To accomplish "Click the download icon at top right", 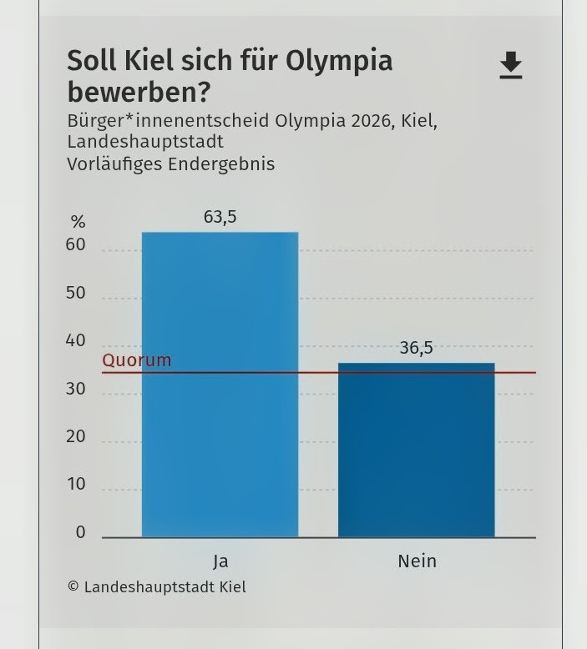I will pyautogui.click(x=510, y=65).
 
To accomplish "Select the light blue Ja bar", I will pyautogui.click(x=220, y=384).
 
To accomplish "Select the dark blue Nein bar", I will pyautogui.click(x=416, y=450).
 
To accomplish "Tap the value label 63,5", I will pyautogui.click(x=220, y=217).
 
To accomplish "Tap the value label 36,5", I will pyautogui.click(x=416, y=348).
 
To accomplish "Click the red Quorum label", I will pyautogui.click(x=136, y=360).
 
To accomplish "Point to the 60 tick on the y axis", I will pyautogui.click(x=76, y=245).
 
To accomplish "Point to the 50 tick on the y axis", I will pyautogui.click(x=76, y=293).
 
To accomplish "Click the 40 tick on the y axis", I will pyautogui.click(x=76, y=340).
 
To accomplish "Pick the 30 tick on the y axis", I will pyautogui.click(x=76, y=389).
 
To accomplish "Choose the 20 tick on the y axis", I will pyautogui.click(x=76, y=436).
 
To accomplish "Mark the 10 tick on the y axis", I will pyautogui.click(x=76, y=485).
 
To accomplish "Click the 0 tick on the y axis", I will pyautogui.click(x=80, y=532).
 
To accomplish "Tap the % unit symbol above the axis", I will pyautogui.click(x=78, y=222).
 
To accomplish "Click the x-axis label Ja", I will pyautogui.click(x=220, y=561).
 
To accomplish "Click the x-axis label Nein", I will pyautogui.click(x=417, y=561).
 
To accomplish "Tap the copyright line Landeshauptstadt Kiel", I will pyautogui.click(x=157, y=586).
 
